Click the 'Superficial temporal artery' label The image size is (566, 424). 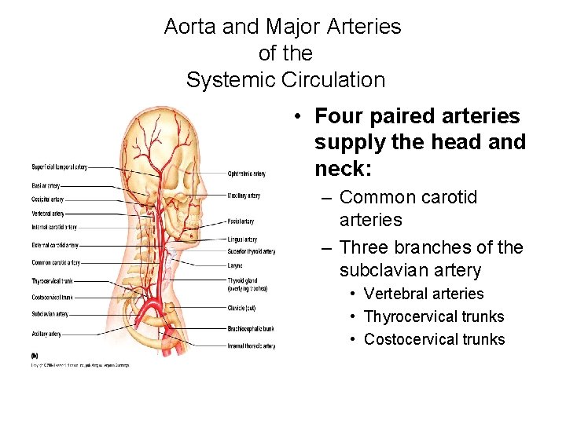pos(59,167)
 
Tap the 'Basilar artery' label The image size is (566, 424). pos(46,186)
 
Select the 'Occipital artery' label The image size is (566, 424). pos(47,199)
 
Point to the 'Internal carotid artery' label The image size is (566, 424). pos(54,227)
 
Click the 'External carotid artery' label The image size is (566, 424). pos(55,246)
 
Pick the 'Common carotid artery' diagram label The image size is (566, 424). pos(56,263)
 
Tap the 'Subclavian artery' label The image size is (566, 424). pos(50,314)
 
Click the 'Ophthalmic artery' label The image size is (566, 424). pos(246,174)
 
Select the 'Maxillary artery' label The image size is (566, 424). pos(244,196)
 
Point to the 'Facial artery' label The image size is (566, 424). pos(241,221)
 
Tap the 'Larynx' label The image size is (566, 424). pos(235,266)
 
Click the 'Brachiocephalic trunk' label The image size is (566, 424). pos(250,328)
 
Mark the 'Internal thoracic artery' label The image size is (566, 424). pos(251,345)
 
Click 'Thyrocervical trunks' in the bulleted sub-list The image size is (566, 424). pos(434,316)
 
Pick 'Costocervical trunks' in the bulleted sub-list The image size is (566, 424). pos(434,339)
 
